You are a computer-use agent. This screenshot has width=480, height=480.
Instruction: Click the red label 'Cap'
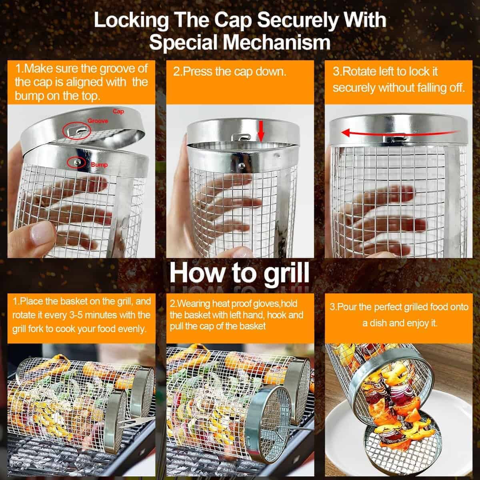pyautogui.click(x=118, y=111)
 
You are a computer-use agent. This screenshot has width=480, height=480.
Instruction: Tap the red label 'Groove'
pyautogui.click(x=98, y=121)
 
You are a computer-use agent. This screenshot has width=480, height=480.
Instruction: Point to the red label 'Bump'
pyautogui.click(x=99, y=165)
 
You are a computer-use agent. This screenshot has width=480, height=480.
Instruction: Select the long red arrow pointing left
pyautogui.click(x=398, y=133)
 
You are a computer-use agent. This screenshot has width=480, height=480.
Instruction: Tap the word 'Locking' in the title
pyautogui.click(x=131, y=21)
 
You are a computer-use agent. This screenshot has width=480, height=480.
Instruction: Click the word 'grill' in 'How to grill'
pyautogui.click(x=287, y=274)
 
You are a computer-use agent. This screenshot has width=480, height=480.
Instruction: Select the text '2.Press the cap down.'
pyautogui.click(x=230, y=72)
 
